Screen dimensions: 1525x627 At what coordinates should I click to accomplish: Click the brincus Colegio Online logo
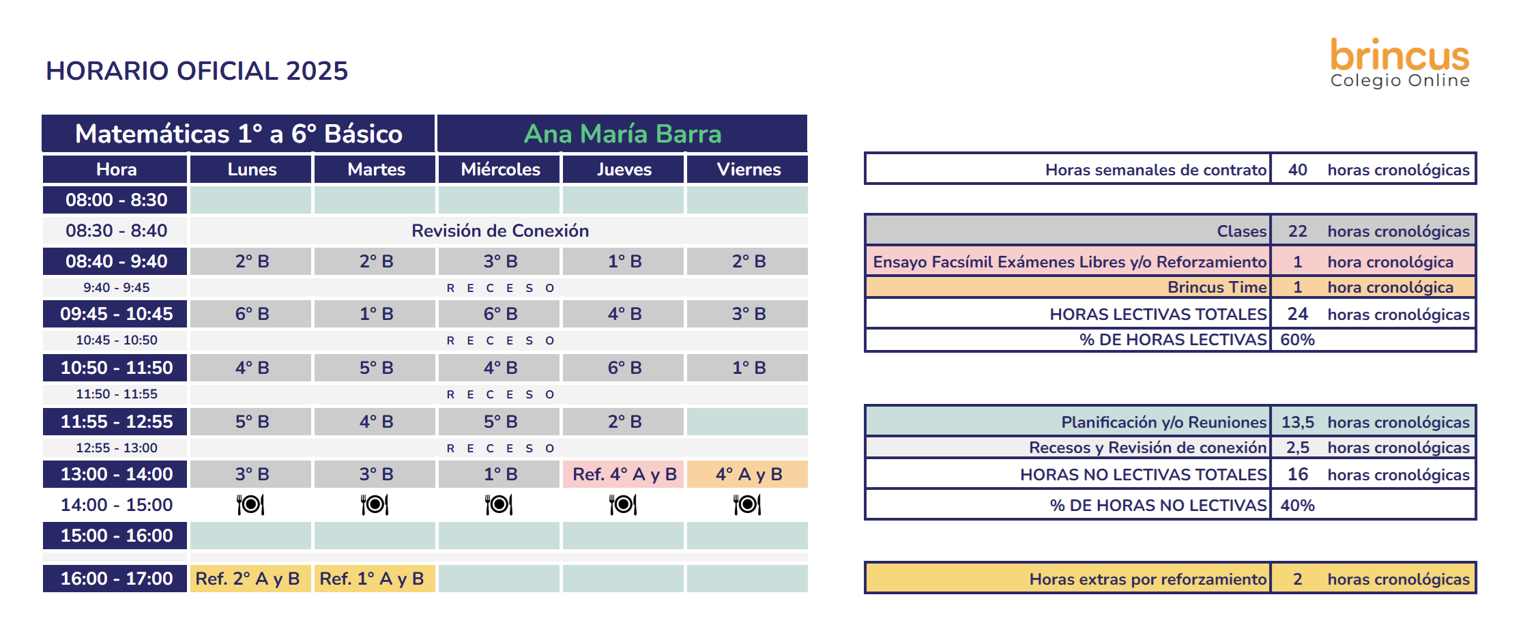pos(1399,63)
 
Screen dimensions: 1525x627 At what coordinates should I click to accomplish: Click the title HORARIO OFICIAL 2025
pos(197,71)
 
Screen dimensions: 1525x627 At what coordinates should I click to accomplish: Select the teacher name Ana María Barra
pos(622,134)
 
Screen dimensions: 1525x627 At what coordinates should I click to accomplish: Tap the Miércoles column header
pos(500,169)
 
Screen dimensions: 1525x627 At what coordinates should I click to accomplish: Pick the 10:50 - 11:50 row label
pos(116,368)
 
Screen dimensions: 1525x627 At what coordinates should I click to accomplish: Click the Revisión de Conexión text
pos(500,231)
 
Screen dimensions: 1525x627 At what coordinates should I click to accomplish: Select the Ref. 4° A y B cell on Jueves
pos(624,474)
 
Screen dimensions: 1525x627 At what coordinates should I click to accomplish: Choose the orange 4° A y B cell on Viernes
pos(748,474)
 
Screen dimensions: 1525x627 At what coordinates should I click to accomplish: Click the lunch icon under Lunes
pos(250,505)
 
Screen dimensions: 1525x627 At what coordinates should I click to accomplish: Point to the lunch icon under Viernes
pos(747,505)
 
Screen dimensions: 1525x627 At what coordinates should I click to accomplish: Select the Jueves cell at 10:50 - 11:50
pos(624,368)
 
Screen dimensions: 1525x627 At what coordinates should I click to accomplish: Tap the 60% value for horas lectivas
pos(1297,340)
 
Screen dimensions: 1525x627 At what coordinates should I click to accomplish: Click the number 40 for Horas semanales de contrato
pos(1297,170)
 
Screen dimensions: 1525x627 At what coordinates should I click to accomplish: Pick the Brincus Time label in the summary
pos(1217,287)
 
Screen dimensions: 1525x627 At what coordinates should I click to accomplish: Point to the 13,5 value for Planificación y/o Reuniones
pos(1297,422)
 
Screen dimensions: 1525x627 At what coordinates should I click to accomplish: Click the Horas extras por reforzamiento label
pos(1148,579)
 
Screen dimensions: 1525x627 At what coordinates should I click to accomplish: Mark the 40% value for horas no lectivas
pos(1297,506)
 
